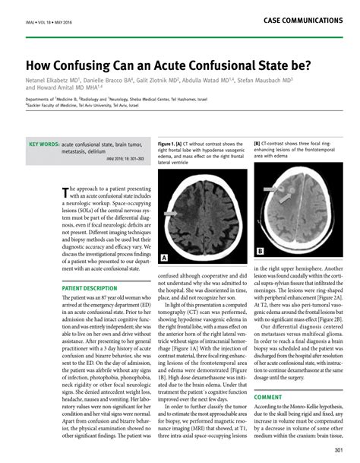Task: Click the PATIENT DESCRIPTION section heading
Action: point(90,289)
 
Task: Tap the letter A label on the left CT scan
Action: point(163,258)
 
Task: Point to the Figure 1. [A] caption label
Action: point(172,142)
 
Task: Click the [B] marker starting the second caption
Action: point(257,142)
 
